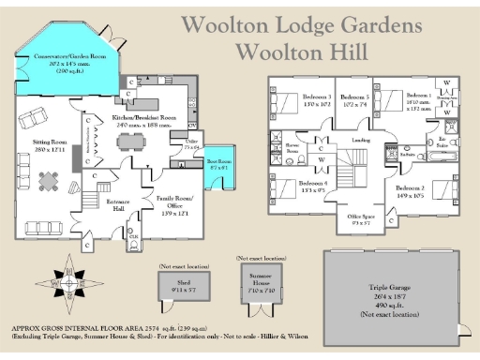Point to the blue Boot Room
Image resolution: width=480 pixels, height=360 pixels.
pyautogui.click(x=219, y=164)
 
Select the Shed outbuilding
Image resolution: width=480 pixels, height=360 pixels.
pyautogui.click(x=174, y=288)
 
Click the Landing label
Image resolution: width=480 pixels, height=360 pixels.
pyautogui.click(x=359, y=141)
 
